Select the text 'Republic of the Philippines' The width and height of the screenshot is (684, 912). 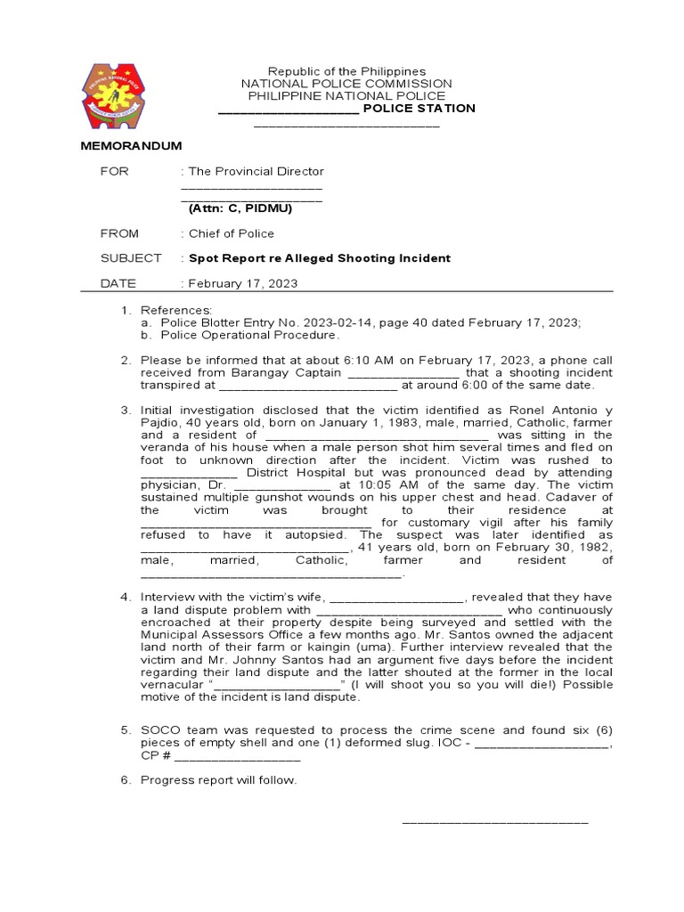tap(347, 71)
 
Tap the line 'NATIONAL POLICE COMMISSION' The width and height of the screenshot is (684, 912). tap(347, 84)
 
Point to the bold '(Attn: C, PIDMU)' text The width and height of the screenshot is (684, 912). tap(240, 208)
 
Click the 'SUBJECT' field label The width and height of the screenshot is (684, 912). tap(130, 258)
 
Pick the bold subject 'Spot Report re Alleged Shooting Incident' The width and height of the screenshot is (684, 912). tap(319, 258)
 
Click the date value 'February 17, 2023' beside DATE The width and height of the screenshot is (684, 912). tap(242, 283)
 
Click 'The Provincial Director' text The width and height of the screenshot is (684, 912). tap(256, 171)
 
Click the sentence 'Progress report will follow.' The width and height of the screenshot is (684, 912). tap(218, 780)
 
